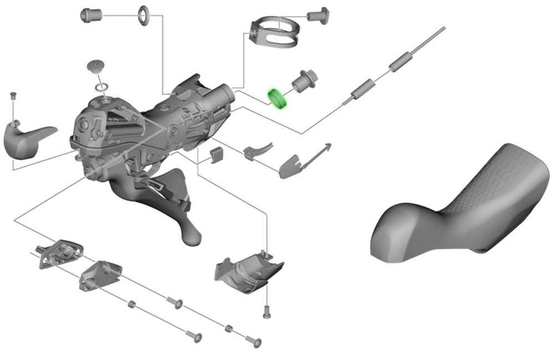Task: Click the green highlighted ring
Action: pyautogui.click(x=278, y=97)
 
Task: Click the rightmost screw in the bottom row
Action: pyautogui.click(x=254, y=341)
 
